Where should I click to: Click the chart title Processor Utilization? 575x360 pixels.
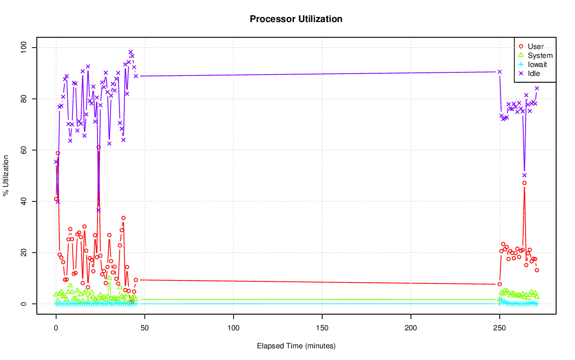[x=296, y=19]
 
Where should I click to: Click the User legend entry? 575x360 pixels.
[x=535, y=46]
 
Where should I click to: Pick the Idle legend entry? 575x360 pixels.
[x=534, y=73]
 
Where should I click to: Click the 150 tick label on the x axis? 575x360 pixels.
[x=322, y=328]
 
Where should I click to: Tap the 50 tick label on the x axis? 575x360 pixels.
[x=145, y=328]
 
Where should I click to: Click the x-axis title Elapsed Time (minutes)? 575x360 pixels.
[x=296, y=346]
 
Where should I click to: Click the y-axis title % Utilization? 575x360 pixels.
[x=6, y=176]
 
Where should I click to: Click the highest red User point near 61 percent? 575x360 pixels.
[x=98, y=147]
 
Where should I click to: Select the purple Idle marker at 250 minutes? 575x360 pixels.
[x=500, y=72]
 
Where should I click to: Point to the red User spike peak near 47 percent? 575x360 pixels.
[x=524, y=183]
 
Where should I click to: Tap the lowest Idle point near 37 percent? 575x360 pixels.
[x=98, y=210]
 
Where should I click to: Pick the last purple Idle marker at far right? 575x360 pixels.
[x=537, y=88]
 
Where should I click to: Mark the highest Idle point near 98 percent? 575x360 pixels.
[x=131, y=52]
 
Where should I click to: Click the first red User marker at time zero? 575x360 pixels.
[x=56, y=199]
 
